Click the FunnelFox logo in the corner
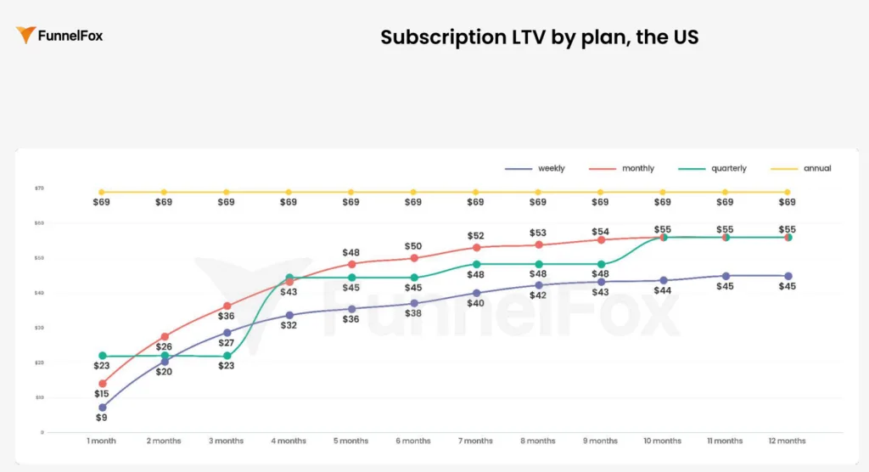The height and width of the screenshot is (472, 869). coord(59,36)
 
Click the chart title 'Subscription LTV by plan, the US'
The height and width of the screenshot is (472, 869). coord(539,37)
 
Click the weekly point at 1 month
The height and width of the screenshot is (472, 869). coord(103,407)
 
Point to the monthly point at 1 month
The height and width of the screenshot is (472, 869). coord(103,384)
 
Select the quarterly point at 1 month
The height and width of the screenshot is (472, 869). coord(103,356)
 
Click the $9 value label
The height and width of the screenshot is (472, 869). coord(102,418)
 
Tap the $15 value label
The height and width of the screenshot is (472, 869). coord(102,394)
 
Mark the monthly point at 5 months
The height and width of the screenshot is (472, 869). coord(351,264)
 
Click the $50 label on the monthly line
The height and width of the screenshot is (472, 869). coord(413,245)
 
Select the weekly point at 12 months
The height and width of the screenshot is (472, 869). coord(788,276)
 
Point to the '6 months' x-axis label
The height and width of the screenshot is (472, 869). coord(413,441)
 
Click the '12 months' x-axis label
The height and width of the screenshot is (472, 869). coord(788,441)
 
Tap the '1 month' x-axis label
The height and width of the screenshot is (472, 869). coord(102,441)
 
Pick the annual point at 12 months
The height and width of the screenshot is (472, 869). coord(788,192)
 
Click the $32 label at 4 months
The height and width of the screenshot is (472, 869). coord(289,325)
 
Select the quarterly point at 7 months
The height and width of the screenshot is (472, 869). coord(476,264)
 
